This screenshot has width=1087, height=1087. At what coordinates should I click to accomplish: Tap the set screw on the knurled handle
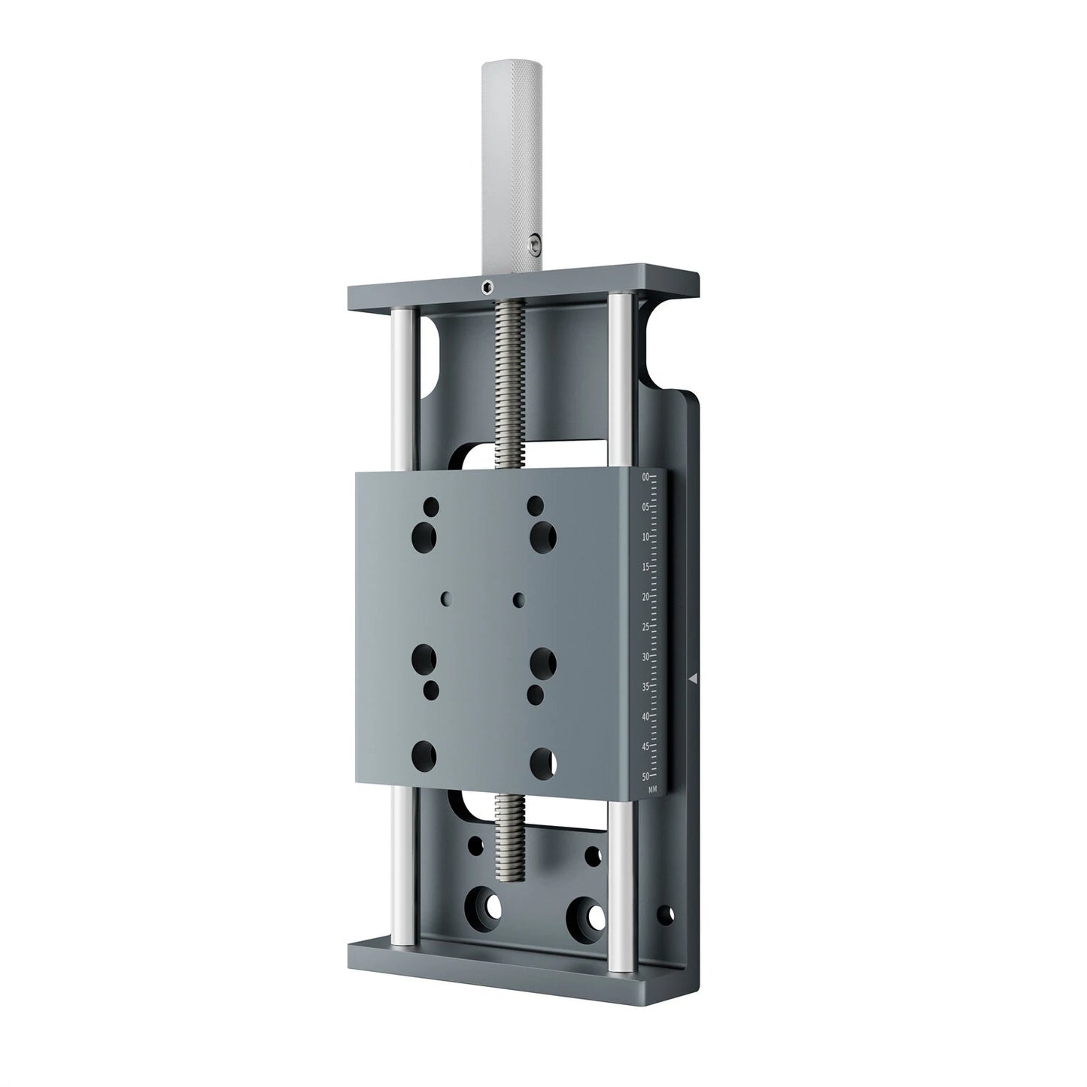click(533, 242)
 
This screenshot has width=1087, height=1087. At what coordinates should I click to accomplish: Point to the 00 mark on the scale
click(645, 477)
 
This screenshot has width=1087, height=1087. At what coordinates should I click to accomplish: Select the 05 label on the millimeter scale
click(645, 507)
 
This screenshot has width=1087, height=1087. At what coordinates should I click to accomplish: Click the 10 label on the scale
click(645, 537)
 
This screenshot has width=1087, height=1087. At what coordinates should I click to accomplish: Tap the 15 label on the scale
click(645, 567)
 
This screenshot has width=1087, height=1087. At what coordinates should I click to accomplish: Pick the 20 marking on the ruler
click(645, 597)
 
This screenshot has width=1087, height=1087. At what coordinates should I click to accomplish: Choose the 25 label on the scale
click(645, 627)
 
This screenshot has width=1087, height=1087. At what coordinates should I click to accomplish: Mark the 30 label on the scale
click(645, 657)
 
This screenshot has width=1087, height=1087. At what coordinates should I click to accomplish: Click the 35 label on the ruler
click(645, 687)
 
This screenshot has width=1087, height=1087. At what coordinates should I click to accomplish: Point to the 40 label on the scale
click(645, 717)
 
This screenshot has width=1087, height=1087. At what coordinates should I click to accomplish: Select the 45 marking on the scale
click(645, 747)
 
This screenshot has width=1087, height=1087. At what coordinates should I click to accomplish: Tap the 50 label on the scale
click(645, 776)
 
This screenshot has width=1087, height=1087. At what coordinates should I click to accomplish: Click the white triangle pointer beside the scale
click(694, 679)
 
